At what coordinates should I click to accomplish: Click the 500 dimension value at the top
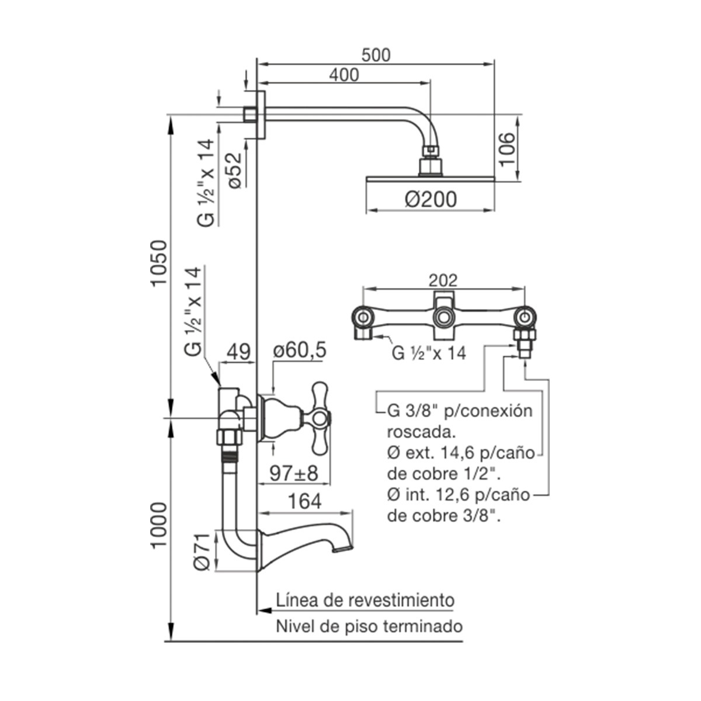point(375,55)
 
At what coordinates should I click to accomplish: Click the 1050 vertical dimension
point(159,263)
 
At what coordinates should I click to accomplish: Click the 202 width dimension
point(444,280)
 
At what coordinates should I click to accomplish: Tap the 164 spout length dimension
point(304,501)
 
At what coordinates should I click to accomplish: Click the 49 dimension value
point(238,352)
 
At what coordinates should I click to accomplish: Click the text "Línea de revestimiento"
point(365,601)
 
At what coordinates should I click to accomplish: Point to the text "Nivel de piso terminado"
point(369,627)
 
